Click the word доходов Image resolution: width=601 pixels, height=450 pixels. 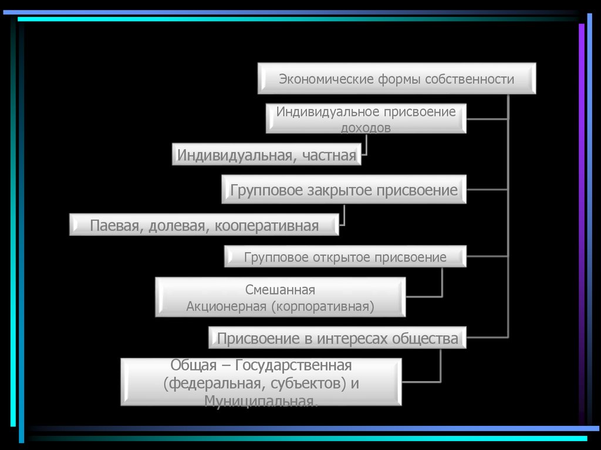pos(366,127)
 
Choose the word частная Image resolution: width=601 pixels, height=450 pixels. pos(330,155)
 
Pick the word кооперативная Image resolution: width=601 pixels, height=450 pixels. pos(266,225)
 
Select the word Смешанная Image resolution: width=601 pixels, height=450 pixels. pos(281,290)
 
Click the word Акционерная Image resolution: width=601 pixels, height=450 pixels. pos(227,306)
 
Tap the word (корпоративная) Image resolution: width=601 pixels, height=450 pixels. pos(323,306)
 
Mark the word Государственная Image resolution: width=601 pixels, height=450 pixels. pos(293,366)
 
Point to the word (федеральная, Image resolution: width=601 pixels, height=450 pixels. pos(210,384)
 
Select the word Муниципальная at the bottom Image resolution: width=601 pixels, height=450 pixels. pos(261,401)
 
